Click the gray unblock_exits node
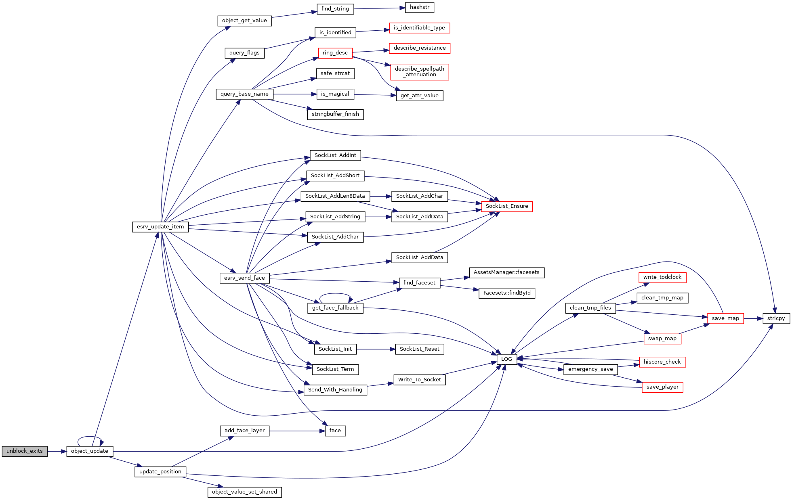pos(25,451)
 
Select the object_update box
pos(90,451)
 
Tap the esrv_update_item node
pos(160,227)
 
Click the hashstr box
pos(420,7)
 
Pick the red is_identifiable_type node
pos(419,28)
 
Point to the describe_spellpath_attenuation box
pos(420,72)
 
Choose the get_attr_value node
pos(420,96)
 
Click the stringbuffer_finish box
pos(335,114)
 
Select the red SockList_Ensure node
pos(507,206)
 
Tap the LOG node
pos(506,359)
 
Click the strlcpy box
pos(776,318)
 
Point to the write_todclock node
pos(662,277)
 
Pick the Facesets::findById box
pos(507,293)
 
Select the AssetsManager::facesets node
pos(506,272)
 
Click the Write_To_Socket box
pos(420,380)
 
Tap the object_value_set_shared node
pos(244,492)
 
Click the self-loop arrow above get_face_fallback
pos(336,294)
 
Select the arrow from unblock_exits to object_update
pos(57,451)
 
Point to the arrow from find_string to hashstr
pos(380,8)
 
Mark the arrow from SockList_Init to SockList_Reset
pos(376,349)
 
